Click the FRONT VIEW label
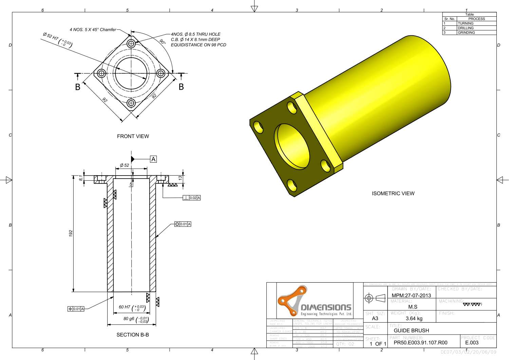133,136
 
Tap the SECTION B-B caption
133,335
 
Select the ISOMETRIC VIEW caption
393,194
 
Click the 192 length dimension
71,233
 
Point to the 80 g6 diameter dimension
135,319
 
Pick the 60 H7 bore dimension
132,308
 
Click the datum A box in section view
153,159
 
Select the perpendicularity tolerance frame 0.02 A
191,198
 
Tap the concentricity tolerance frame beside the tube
183,224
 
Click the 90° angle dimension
163,42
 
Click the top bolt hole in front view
131,44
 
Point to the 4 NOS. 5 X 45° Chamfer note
93,30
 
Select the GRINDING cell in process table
466,33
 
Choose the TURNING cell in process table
465,23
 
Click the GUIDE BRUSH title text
411,330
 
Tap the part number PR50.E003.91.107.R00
420,343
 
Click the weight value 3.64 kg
414,319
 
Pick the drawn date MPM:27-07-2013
411,295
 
